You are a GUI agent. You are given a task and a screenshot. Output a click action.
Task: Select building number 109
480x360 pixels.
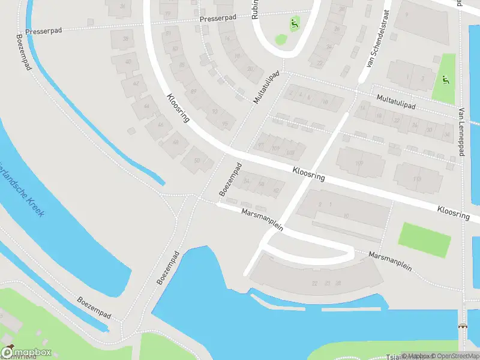[359, 163]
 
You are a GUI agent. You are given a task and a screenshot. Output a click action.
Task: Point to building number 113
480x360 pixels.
[417, 178]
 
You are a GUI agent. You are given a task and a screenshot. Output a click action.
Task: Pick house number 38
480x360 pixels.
[125, 39]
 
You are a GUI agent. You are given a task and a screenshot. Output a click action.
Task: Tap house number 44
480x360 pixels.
[147, 106]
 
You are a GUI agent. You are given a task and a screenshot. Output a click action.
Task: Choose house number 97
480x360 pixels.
[260, 145]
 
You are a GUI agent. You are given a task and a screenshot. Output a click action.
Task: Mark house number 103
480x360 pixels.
[291, 152]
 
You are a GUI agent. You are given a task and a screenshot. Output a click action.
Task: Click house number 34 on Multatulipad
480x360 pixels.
[446, 134]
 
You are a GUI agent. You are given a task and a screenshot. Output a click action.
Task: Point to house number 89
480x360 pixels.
[193, 91]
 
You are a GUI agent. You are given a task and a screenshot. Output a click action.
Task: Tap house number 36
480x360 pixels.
[122, 6]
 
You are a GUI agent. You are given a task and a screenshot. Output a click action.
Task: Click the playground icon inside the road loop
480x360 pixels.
[294, 24]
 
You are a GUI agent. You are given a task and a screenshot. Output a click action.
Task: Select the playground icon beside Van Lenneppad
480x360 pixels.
[445, 80]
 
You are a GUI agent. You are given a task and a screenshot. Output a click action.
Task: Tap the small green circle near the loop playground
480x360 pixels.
[281, 40]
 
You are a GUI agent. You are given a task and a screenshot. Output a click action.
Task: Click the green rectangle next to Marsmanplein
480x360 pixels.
[424, 239]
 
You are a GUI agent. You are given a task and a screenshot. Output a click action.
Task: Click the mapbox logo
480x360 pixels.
[26, 352]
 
